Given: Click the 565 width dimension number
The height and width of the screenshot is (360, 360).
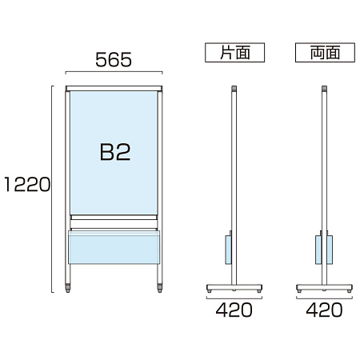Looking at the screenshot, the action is (x=114, y=59).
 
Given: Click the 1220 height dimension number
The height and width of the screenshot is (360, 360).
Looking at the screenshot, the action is (x=27, y=184).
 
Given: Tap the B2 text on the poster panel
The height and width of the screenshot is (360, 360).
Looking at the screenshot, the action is (x=115, y=152).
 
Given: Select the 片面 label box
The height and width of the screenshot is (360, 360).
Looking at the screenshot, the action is (x=234, y=53).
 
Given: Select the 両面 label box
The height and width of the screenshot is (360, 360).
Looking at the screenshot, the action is (x=325, y=53).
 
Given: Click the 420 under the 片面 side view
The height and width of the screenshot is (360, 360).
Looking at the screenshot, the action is (x=234, y=310).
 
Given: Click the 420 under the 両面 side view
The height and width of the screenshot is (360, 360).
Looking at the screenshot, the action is (x=324, y=310).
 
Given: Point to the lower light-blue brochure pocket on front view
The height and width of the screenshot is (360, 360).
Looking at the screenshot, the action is (x=114, y=247).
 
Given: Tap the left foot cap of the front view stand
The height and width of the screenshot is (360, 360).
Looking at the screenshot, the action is (x=68, y=288).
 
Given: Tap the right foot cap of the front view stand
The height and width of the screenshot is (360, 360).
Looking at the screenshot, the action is (x=160, y=288).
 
